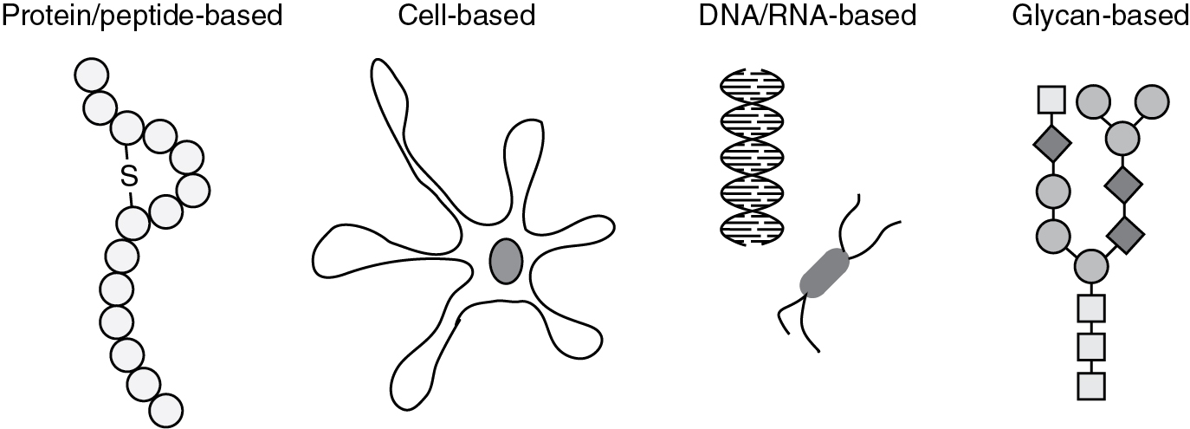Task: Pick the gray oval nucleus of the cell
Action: click(506, 260)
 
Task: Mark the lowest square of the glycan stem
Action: click(1091, 385)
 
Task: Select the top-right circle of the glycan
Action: click(1153, 101)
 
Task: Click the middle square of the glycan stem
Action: click(1091, 347)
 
